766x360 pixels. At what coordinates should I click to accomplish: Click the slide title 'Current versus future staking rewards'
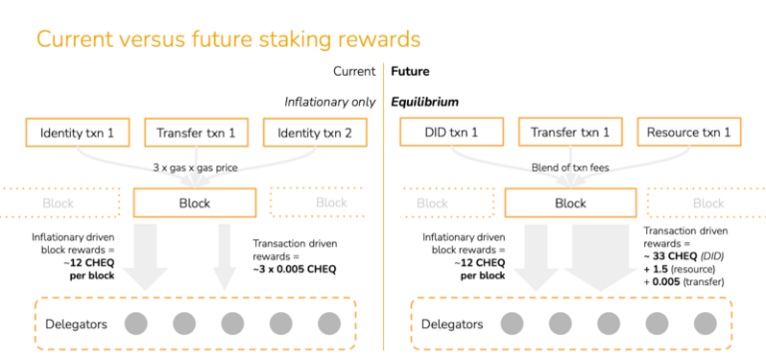coord(228,40)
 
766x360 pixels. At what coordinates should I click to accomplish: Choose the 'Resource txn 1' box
coord(694,133)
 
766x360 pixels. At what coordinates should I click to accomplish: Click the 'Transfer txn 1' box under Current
coord(197,133)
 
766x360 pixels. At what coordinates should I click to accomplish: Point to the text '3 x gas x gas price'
coord(197,168)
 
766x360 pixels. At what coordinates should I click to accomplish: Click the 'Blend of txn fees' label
coord(571,168)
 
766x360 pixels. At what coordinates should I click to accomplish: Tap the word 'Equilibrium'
coord(425,102)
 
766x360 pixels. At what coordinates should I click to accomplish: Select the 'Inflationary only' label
coord(329,102)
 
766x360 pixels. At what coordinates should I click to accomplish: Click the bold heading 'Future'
coord(410,72)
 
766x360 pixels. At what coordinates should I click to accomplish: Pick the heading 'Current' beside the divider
coord(354,72)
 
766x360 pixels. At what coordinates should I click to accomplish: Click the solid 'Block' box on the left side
coord(197,202)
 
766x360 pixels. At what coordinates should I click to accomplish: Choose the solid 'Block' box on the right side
coord(571,202)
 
